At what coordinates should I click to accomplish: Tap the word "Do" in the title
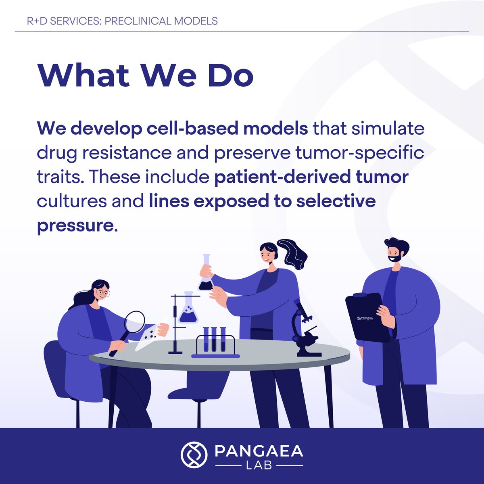coord(230,75)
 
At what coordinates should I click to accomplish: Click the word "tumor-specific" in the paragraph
coord(363,153)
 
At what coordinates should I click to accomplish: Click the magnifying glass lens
coord(135,321)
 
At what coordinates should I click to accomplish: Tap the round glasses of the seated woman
coord(103,293)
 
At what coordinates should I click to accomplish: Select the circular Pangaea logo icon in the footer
coord(194,455)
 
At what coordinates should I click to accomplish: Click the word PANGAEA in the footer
coord(259,451)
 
